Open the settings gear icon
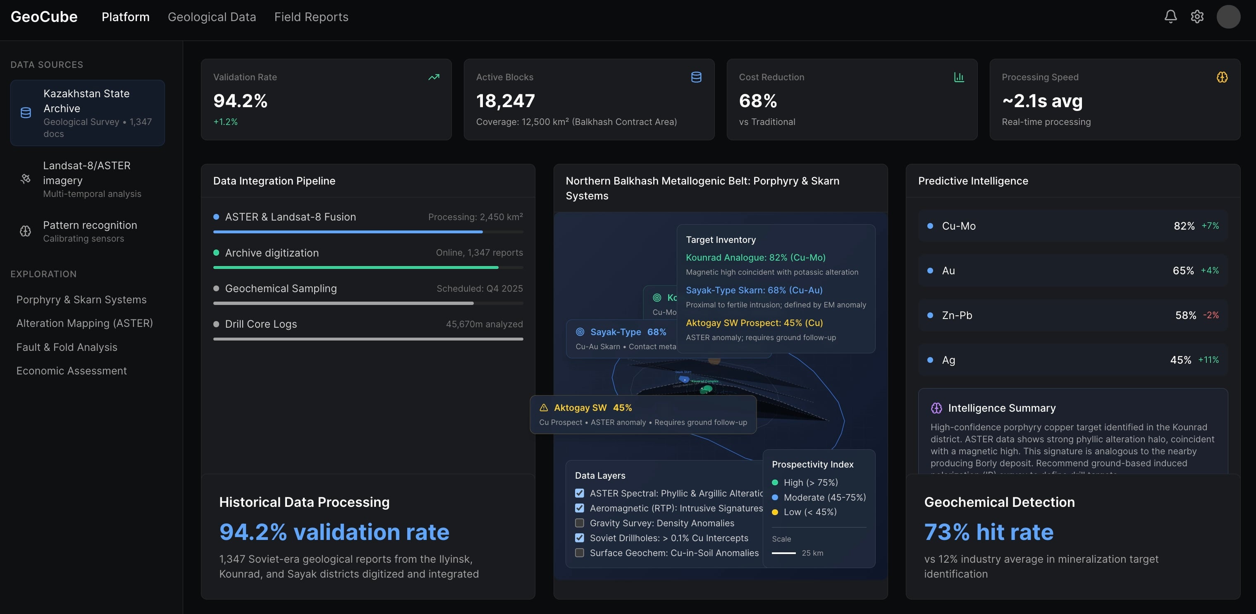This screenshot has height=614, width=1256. pos(1197,17)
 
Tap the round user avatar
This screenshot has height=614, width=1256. pos(1228,17)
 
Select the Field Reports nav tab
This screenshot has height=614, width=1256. pos(311,17)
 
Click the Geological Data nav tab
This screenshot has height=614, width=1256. pos(212,17)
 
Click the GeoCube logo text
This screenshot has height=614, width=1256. pos(44,17)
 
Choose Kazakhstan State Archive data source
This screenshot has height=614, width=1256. pos(87,113)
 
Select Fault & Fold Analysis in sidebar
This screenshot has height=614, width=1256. pos(67,347)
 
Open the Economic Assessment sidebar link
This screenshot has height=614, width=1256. pos(71,371)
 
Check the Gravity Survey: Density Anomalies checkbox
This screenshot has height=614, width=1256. pos(579,523)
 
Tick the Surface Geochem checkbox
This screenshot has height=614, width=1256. pos(579,552)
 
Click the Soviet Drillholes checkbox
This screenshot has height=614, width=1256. pos(579,538)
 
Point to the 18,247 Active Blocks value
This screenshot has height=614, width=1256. pos(505,101)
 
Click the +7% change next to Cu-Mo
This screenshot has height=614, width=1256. pos(1210,225)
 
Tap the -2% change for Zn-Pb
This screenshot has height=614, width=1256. pos(1210,315)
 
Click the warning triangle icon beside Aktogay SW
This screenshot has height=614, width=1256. pos(544,408)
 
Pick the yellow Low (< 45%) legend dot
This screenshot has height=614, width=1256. pos(775,512)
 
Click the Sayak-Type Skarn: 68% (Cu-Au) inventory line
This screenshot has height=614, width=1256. pos(754,290)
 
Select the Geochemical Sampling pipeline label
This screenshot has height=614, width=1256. pos(281,288)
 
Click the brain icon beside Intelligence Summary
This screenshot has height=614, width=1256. pos(936,408)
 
